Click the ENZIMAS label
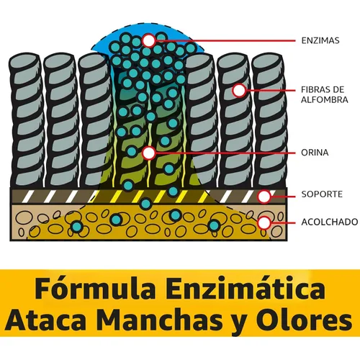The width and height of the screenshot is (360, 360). pos(320,40)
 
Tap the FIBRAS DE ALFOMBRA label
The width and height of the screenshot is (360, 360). pos(325,94)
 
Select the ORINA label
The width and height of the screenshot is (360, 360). pos(315,153)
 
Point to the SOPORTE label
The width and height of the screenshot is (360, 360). pos(322,194)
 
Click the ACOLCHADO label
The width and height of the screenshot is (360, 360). pos(330,222)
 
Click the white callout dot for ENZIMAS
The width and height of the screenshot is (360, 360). pos(149,40)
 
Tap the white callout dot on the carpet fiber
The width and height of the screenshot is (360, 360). pos(239,91)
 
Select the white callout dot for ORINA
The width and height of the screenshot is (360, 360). pos(149,153)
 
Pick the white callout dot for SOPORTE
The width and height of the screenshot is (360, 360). pos(264,197)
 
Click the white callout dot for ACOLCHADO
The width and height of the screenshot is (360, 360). pos(264,223)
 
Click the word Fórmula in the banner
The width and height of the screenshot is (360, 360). pos(95,288)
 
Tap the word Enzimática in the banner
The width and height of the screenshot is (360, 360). pos(246,288)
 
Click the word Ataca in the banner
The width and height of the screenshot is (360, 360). pos(48,320)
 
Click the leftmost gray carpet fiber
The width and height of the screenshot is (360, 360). pos(27,120)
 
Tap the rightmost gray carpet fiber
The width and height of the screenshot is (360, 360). pos(269,120)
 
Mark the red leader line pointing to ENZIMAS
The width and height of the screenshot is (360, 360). pos(225,41)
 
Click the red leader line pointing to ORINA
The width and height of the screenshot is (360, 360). pos(225,153)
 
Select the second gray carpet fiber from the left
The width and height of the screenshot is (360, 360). pos(61,120)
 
